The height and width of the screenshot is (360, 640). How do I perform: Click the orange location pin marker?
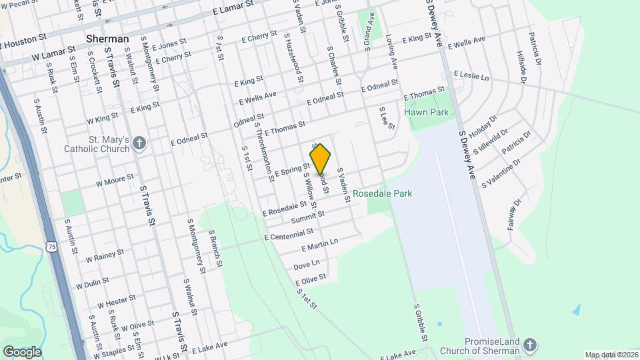click(x=321, y=159)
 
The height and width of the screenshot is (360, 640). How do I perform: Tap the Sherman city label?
click(x=107, y=39)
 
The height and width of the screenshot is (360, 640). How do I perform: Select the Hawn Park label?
click(x=427, y=112)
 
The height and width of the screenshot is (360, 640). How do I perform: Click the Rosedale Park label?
click(x=383, y=193)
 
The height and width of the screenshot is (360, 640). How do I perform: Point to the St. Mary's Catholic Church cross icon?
click(x=139, y=142)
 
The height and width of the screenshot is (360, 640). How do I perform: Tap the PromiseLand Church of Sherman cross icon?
click(x=530, y=345)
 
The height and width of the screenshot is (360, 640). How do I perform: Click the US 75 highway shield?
click(x=52, y=247)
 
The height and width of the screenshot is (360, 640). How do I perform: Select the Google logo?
click(x=22, y=351)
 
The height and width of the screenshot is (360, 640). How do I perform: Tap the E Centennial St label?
click(x=289, y=234)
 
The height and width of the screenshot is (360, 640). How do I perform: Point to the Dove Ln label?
click(x=307, y=265)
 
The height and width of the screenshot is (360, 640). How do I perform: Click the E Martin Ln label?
click(x=320, y=245)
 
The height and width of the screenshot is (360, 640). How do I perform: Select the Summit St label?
click(x=307, y=217)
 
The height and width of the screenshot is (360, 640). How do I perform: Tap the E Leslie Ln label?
click(x=471, y=75)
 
